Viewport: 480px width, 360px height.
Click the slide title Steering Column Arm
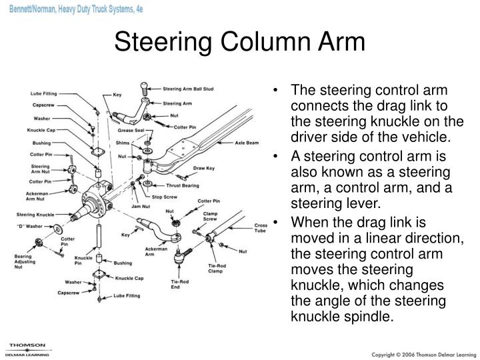(239, 41)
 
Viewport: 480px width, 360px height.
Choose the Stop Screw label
(166, 198)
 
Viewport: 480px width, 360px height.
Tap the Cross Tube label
(261, 229)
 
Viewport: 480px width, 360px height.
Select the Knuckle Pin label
(83, 261)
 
